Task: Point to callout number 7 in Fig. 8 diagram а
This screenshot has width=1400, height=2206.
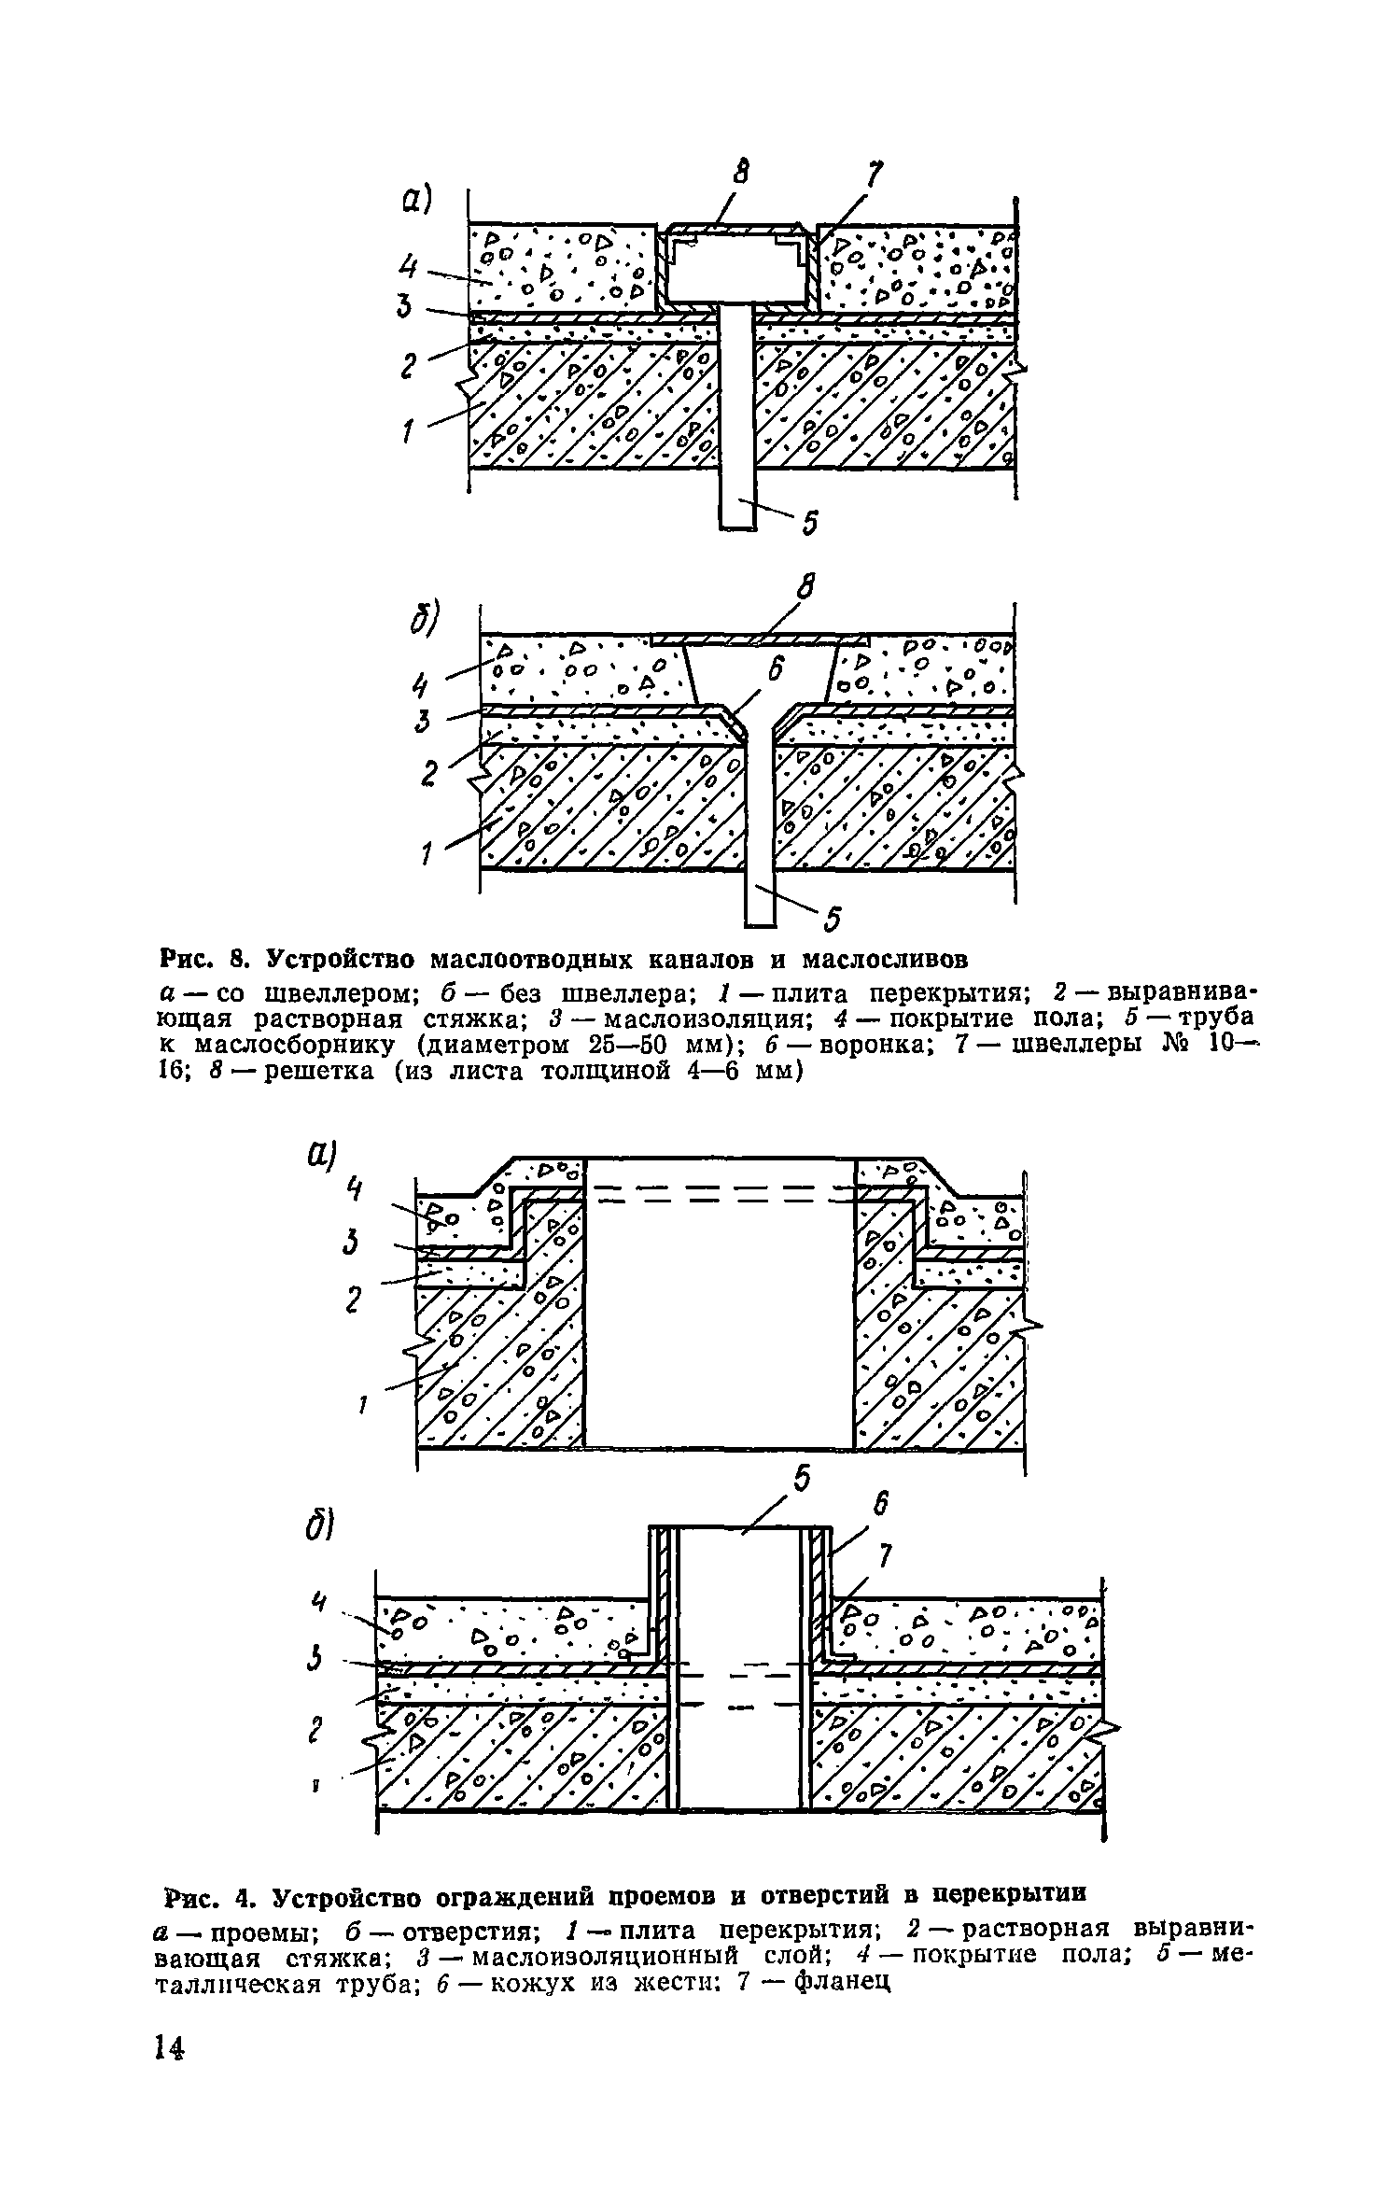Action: (875, 174)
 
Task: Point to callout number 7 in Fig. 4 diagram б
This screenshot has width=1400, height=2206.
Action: (886, 1556)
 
